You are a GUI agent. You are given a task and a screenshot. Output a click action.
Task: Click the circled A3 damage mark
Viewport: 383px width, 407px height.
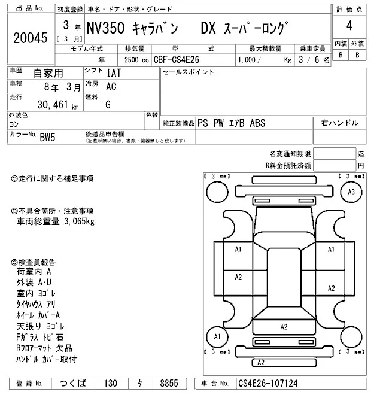pyautogui.click(x=351, y=192)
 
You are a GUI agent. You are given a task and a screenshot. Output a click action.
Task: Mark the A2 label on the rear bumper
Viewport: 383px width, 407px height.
pyautogui.click(x=261, y=363)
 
